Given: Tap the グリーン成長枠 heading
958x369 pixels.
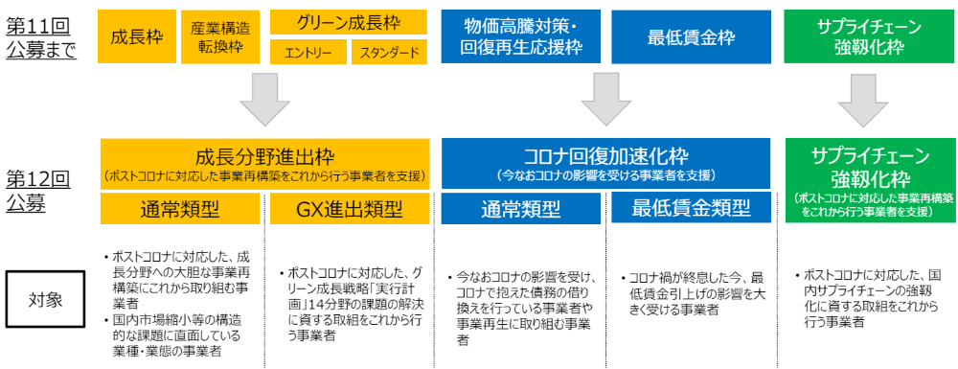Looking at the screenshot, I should click(348, 21).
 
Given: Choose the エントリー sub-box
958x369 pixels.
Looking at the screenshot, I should click(308, 53).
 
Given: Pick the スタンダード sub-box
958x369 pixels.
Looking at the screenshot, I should click(388, 53).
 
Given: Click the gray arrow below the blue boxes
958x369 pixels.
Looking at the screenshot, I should click(606, 101).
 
